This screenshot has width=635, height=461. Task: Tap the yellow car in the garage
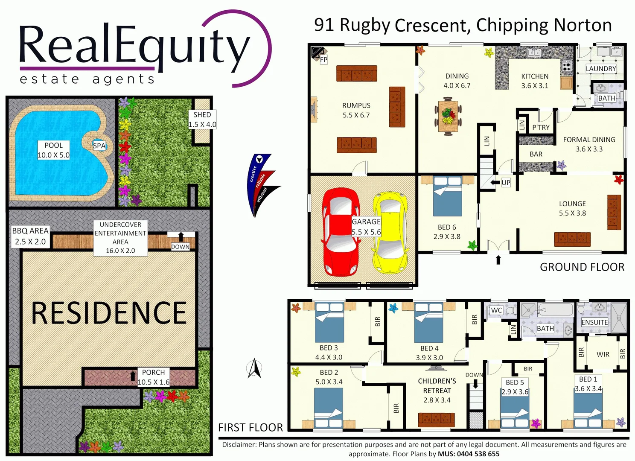click(x=390, y=233)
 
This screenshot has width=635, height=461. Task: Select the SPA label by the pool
click(x=99, y=146)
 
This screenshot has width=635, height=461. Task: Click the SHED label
click(x=202, y=115)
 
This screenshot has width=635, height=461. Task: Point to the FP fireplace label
click(x=323, y=60)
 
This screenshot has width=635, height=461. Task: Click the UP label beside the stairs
click(x=506, y=183)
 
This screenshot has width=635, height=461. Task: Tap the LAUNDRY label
click(x=601, y=69)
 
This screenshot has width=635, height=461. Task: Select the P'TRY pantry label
click(x=541, y=127)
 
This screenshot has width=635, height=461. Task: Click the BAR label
click(x=536, y=154)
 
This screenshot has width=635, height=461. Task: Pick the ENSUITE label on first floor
click(x=594, y=322)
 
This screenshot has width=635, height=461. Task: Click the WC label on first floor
click(x=496, y=310)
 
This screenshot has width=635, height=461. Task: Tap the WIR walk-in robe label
click(x=603, y=354)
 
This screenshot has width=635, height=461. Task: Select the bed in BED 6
click(x=447, y=196)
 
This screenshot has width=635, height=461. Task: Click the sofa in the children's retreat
click(x=436, y=420)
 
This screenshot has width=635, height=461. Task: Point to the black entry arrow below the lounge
click(x=498, y=260)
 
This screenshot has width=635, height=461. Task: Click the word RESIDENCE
click(x=109, y=313)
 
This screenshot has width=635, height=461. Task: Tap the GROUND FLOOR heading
click(x=582, y=267)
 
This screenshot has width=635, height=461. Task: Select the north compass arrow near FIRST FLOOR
click(x=254, y=368)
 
